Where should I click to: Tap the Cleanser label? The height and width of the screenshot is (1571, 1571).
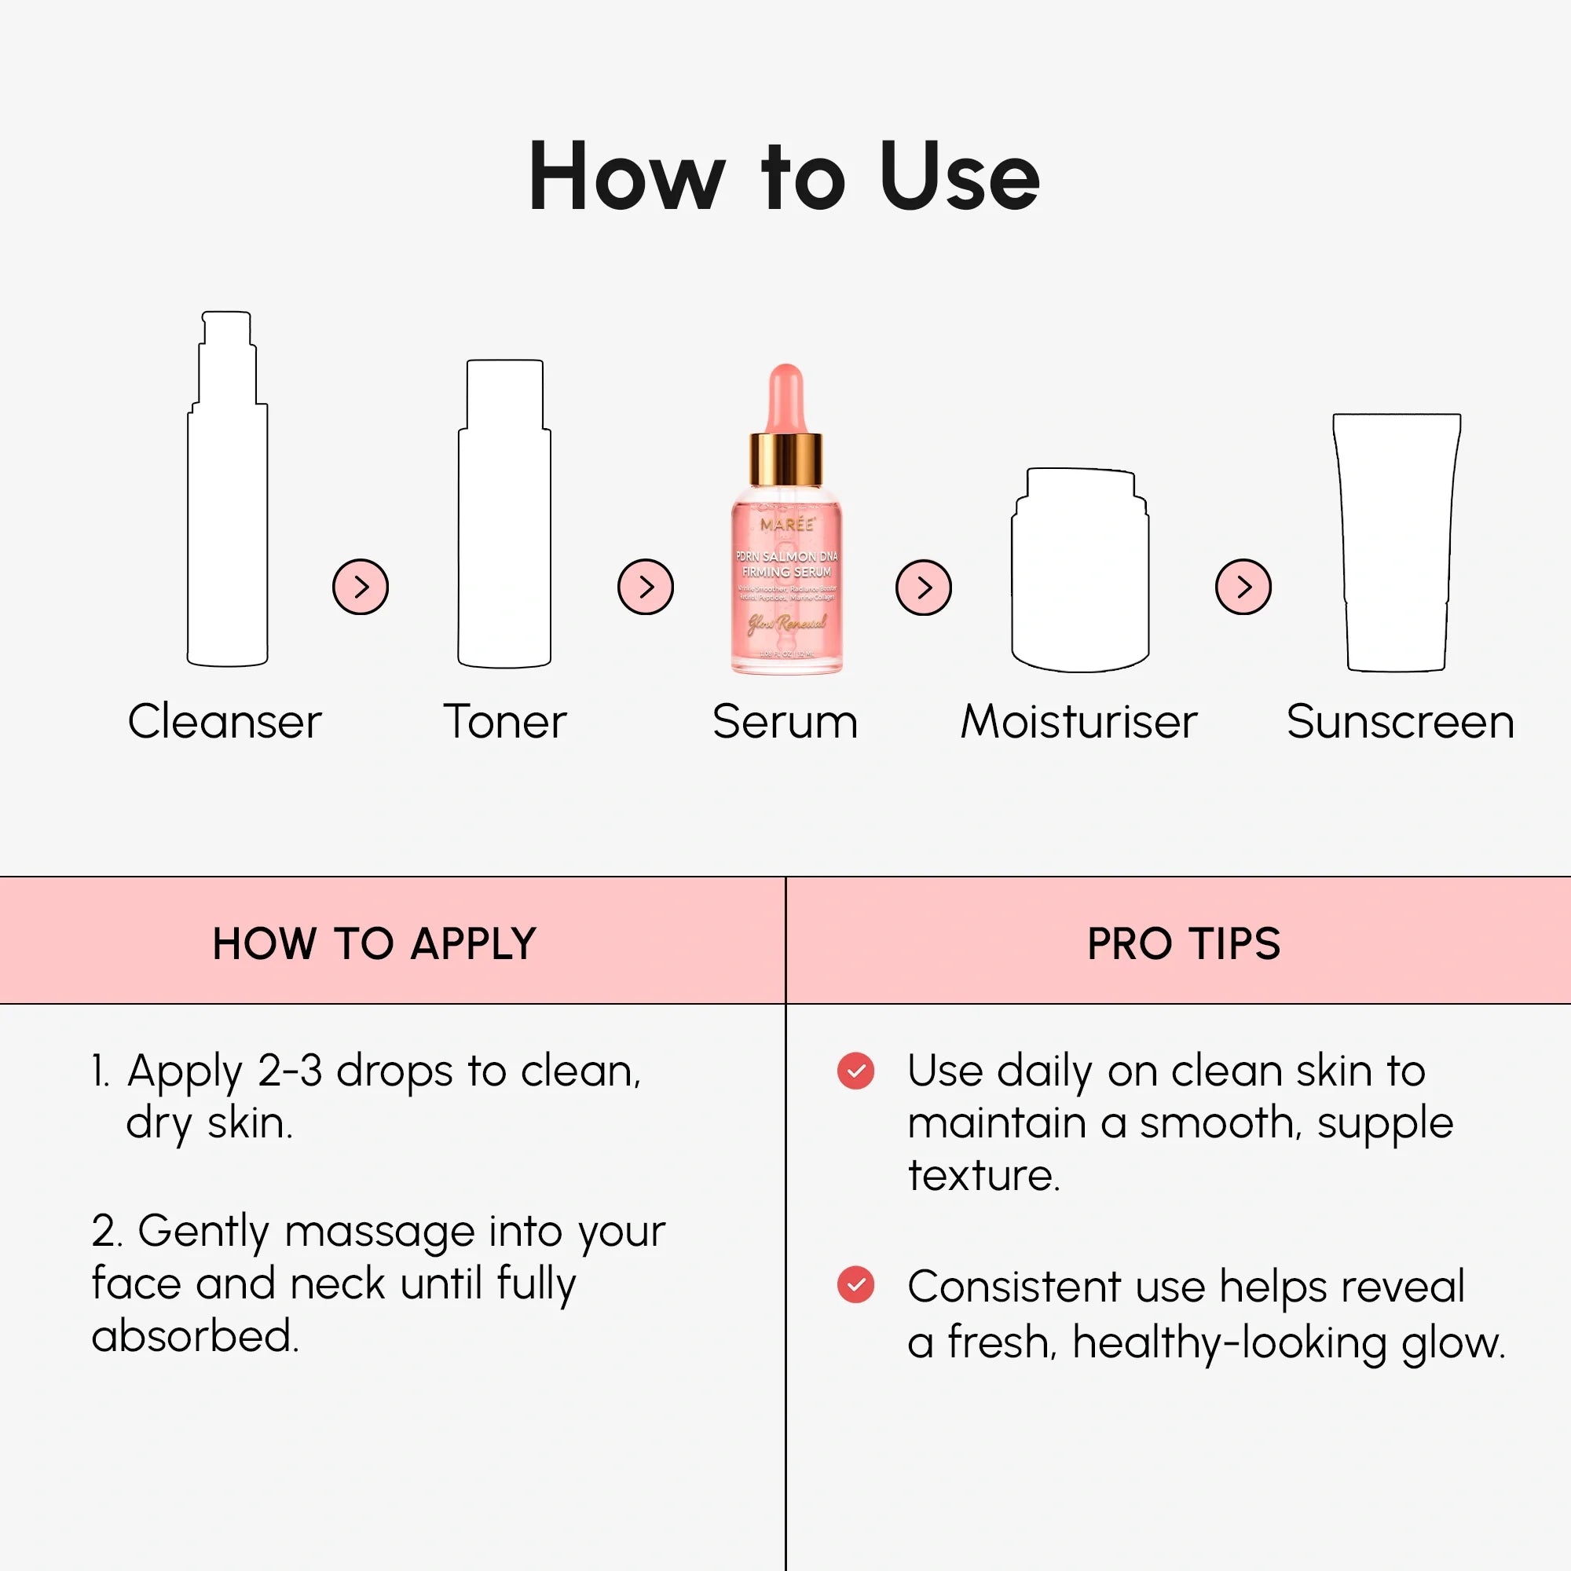click(x=225, y=721)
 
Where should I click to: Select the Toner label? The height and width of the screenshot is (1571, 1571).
click(x=504, y=721)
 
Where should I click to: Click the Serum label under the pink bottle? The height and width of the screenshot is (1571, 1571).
click(x=785, y=721)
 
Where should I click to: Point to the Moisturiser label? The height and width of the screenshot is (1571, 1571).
click(x=1078, y=721)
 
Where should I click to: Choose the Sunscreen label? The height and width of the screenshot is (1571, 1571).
click(x=1400, y=721)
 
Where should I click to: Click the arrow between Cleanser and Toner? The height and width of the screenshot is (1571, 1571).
click(x=361, y=586)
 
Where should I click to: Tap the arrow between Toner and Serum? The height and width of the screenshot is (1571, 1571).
click(x=646, y=586)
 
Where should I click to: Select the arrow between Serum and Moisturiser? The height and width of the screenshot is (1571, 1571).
click(x=923, y=587)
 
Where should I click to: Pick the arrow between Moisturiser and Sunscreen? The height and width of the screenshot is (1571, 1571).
click(x=1243, y=586)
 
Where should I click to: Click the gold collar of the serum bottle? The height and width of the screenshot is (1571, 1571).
click(x=785, y=460)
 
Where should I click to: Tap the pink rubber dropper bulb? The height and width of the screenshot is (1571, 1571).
click(x=785, y=398)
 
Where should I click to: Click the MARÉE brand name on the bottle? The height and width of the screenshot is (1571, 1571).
click(x=786, y=525)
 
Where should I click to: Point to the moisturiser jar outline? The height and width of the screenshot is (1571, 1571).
click(x=1080, y=569)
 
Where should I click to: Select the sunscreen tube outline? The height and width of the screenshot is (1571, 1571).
click(x=1396, y=540)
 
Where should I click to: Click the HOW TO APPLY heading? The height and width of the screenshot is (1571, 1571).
click(x=374, y=943)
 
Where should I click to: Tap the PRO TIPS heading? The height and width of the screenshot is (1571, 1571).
click(x=1183, y=943)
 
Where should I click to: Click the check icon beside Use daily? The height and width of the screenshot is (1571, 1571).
click(x=855, y=1071)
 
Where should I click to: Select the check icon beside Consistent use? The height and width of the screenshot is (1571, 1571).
click(x=855, y=1285)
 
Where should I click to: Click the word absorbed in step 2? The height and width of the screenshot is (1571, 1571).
click(x=195, y=1336)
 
